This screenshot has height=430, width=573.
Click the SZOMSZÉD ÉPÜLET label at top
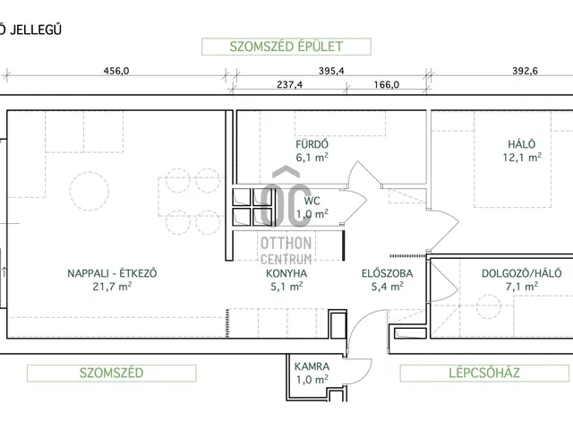(273, 47)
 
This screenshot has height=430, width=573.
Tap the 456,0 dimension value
(117, 71)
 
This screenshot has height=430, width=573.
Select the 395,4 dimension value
(331, 71)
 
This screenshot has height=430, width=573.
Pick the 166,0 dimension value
(382, 86)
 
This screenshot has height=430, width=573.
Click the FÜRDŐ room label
(312, 143)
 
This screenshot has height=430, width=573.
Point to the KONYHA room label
(286, 274)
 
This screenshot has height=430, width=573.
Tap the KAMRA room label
(312, 367)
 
